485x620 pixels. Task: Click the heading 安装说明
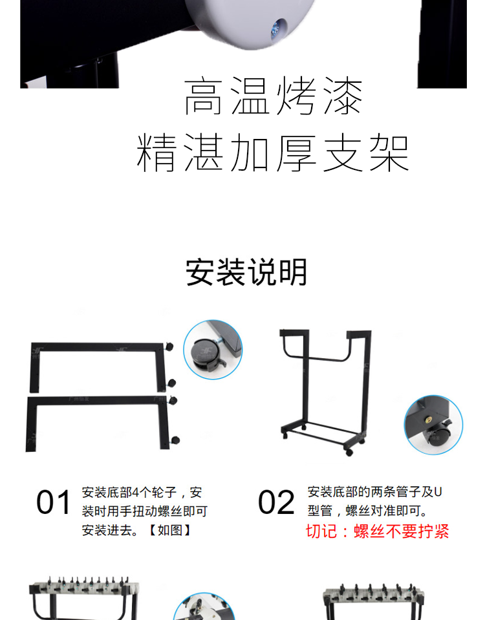(246, 272)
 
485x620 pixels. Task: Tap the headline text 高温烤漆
(273, 96)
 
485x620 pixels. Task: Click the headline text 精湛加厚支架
(272, 153)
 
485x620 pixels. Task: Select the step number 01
(53, 502)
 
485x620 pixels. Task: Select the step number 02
(276, 502)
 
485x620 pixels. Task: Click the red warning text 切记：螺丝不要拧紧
(378, 531)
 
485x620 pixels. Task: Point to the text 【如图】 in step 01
(169, 530)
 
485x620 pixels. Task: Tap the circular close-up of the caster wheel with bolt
(213, 350)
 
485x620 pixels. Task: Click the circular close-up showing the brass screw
(433, 425)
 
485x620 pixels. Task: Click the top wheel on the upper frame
(169, 347)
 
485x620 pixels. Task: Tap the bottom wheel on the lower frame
(175, 440)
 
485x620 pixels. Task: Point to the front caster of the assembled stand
(349, 452)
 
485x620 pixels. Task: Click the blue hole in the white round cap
(277, 29)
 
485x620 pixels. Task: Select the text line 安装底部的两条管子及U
(374, 492)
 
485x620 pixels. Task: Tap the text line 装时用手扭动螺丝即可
(144, 511)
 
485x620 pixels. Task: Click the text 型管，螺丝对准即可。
(368, 511)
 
